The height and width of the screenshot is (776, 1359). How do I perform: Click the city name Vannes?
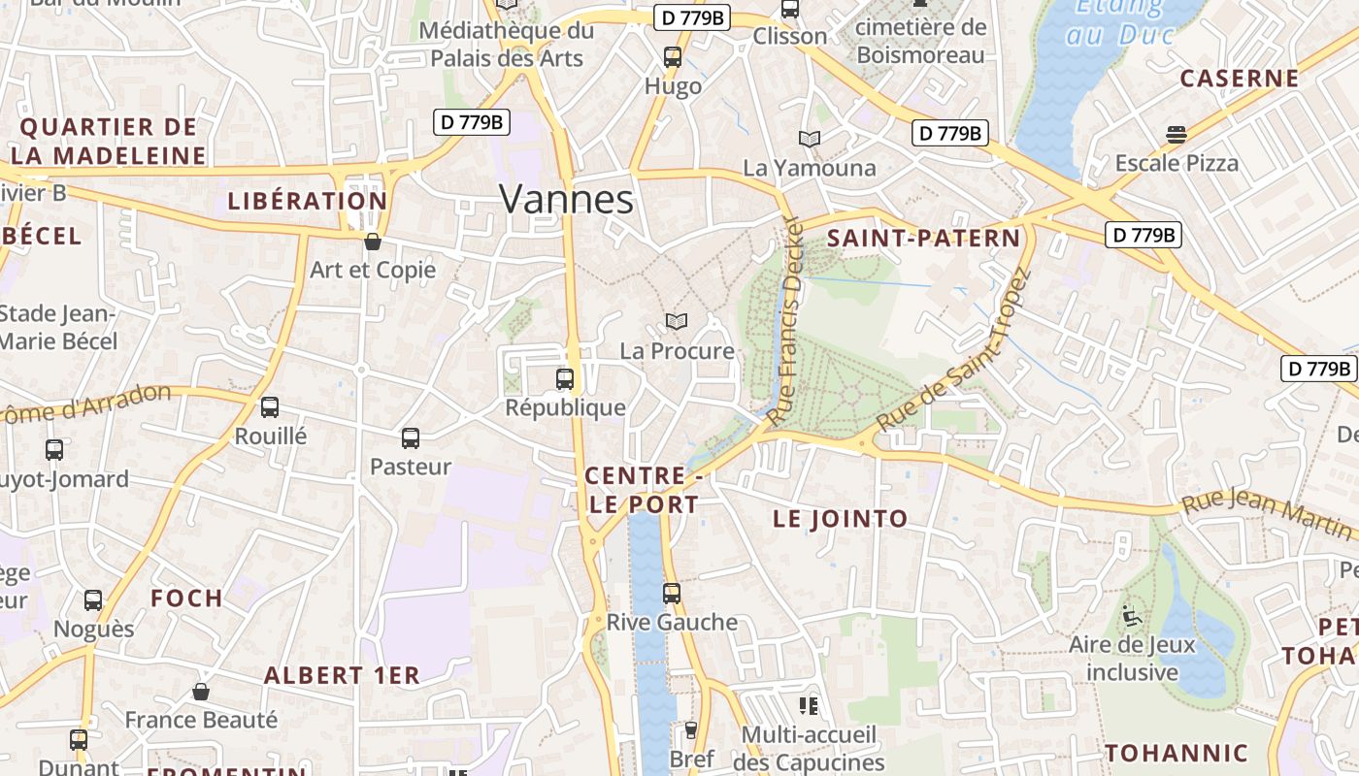point(566,200)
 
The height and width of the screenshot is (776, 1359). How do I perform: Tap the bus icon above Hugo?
point(673,57)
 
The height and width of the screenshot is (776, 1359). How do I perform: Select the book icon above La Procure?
point(677,321)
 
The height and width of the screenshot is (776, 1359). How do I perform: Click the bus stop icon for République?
point(565,379)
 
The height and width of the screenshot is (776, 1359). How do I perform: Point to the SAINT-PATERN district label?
point(923,239)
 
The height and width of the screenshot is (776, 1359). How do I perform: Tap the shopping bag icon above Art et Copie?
point(372,242)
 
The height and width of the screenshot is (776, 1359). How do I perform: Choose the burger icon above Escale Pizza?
point(1177,134)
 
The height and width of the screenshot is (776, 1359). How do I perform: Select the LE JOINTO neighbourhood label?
point(841,519)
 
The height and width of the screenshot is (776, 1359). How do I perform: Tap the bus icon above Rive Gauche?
point(672,593)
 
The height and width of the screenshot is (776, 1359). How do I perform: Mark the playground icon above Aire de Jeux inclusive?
point(1131,616)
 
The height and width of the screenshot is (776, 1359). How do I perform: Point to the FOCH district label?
point(186,598)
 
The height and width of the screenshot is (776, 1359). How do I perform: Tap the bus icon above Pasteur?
point(411,438)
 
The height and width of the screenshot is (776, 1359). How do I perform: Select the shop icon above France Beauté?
point(201,692)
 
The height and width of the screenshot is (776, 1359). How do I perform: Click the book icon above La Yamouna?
point(810,139)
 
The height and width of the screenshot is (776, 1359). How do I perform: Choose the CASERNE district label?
point(1239,79)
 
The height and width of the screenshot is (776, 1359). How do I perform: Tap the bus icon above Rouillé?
point(270,407)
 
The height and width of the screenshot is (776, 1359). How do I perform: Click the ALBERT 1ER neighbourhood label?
point(342,676)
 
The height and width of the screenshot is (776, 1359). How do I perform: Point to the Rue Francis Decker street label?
point(786,320)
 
